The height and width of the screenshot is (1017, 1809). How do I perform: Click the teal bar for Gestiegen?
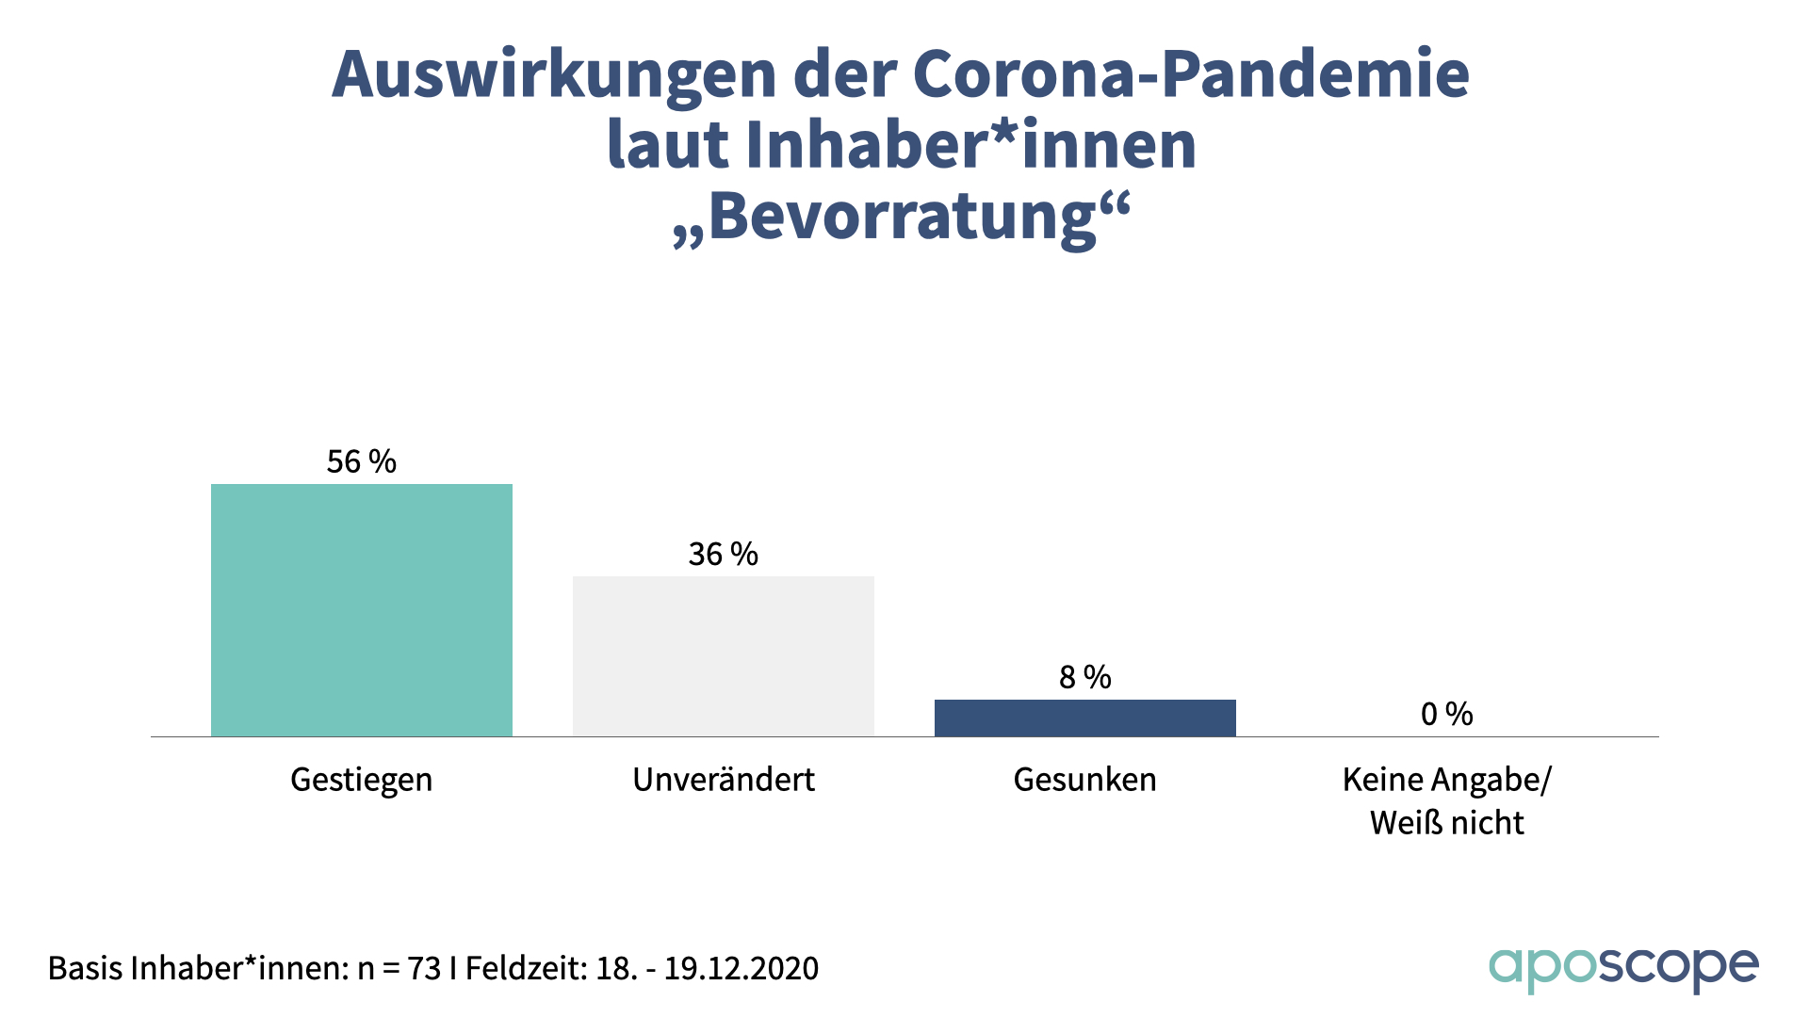362,610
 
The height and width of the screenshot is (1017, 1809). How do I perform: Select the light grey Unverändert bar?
724,656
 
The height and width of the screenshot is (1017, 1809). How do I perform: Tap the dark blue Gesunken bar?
1084,718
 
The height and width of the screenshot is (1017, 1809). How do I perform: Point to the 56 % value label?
361,461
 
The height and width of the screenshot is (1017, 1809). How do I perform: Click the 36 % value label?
723,554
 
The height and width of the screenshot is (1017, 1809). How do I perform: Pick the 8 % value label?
1084,676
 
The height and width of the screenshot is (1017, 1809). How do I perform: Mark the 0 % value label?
1446,714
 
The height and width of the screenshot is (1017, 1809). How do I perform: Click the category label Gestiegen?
361,780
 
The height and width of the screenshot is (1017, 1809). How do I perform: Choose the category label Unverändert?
723,780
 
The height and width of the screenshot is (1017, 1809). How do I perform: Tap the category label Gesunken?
1084,780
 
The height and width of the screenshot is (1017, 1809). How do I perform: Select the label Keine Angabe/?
1446,780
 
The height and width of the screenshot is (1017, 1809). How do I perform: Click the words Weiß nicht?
1446,823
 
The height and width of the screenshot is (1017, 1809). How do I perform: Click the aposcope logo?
1622,968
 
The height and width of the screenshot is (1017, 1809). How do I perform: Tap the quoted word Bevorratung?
902,218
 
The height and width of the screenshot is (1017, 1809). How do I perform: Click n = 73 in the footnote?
399,968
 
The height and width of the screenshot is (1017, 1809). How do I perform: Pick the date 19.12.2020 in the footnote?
742,968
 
